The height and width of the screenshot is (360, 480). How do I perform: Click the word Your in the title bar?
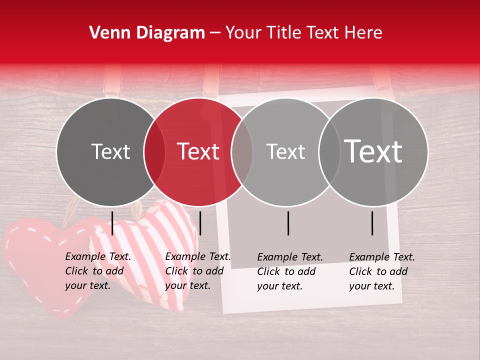pos(244,33)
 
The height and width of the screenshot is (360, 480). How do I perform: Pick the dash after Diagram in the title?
pos(215,33)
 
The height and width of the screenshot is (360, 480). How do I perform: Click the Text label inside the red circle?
pos(198,151)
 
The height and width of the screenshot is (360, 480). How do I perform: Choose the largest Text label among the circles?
pos(373,151)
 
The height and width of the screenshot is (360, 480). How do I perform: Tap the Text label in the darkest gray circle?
pos(110,151)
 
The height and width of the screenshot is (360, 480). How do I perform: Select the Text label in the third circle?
pos(285,151)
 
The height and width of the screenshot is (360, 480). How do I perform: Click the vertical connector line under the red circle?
pos(200,223)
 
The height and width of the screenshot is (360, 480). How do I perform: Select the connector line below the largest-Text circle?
pos(372,223)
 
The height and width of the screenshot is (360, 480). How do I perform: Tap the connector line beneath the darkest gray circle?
pos(112,223)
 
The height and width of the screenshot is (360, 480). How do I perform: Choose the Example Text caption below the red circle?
pos(197,271)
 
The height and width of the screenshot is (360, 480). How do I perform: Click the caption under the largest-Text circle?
pos(381,271)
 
